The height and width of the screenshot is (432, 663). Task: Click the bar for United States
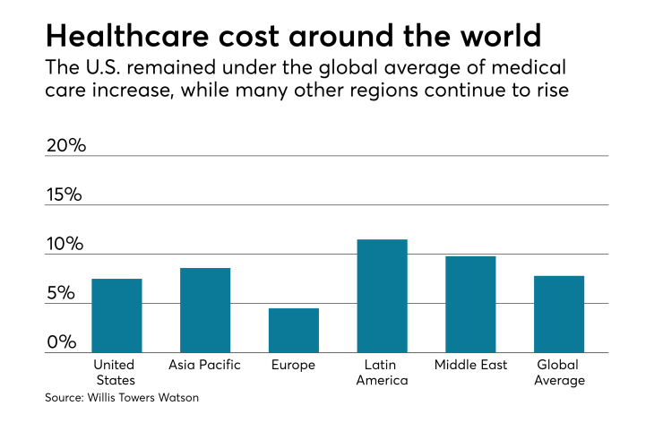point(116,315)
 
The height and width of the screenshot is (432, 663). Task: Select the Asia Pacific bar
point(205,310)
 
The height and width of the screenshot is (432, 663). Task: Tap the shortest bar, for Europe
point(294,330)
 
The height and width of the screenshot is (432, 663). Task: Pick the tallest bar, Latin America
point(383,296)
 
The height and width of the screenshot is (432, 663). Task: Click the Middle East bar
point(470,304)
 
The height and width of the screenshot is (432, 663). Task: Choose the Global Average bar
point(559,314)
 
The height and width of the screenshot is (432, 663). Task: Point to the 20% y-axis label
point(65,145)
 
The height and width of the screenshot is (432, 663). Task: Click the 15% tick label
point(65,194)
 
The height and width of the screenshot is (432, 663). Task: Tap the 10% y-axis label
point(65,244)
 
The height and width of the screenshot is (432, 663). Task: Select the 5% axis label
point(61,293)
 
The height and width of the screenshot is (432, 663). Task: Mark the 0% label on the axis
point(61,342)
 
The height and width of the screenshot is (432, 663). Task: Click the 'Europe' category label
point(293,365)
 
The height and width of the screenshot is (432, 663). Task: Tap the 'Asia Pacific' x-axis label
point(205,365)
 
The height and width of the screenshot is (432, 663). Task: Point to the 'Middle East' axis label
point(470,365)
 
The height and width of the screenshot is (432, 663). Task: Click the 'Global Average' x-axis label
point(560,372)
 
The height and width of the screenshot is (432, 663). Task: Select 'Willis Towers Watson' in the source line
point(143,397)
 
